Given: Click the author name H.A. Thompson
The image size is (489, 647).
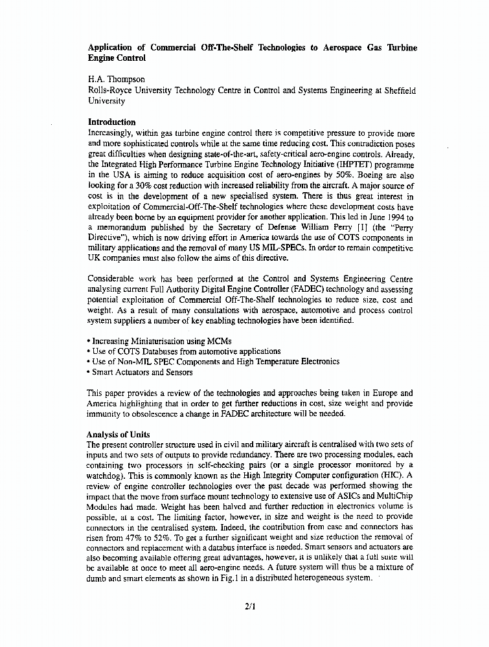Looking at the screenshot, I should tap(116, 81).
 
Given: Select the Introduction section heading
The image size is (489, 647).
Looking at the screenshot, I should tap(111, 122).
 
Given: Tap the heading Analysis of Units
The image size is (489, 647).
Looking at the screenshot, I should tap(118, 434).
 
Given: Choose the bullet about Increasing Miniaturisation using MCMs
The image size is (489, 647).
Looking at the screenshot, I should tap(159, 341).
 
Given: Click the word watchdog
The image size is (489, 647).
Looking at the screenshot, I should tap(108, 475).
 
